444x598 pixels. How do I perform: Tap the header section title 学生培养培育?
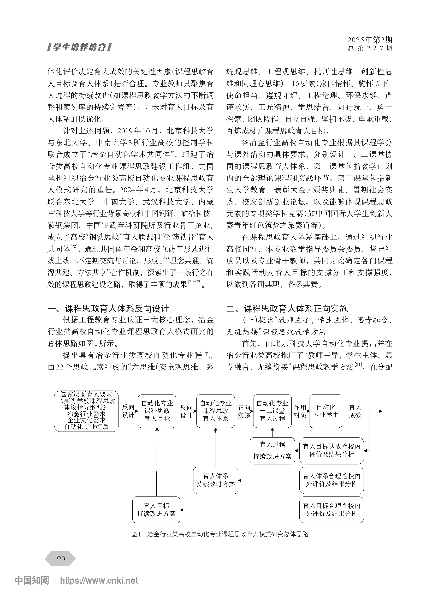pos(79,47)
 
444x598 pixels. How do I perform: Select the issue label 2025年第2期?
pos(370,40)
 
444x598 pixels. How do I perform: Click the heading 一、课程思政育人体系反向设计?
pos(108,309)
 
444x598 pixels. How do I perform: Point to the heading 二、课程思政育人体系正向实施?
pos(287,309)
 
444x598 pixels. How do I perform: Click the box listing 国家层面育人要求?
pos(86,411)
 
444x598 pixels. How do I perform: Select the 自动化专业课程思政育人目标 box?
pos(157,411)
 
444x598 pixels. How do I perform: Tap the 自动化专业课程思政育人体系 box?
pos(215,411)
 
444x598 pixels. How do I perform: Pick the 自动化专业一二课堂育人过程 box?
pos(272,411)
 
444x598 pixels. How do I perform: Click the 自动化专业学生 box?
pos(326,411)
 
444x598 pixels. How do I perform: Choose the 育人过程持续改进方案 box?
pos(272,451)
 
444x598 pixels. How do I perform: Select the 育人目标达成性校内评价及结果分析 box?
pos(332,451)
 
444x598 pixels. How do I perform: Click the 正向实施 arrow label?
pos(244,411)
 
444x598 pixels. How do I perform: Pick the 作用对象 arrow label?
pos(300,411)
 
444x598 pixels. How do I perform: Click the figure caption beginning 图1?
pos(220,534)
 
